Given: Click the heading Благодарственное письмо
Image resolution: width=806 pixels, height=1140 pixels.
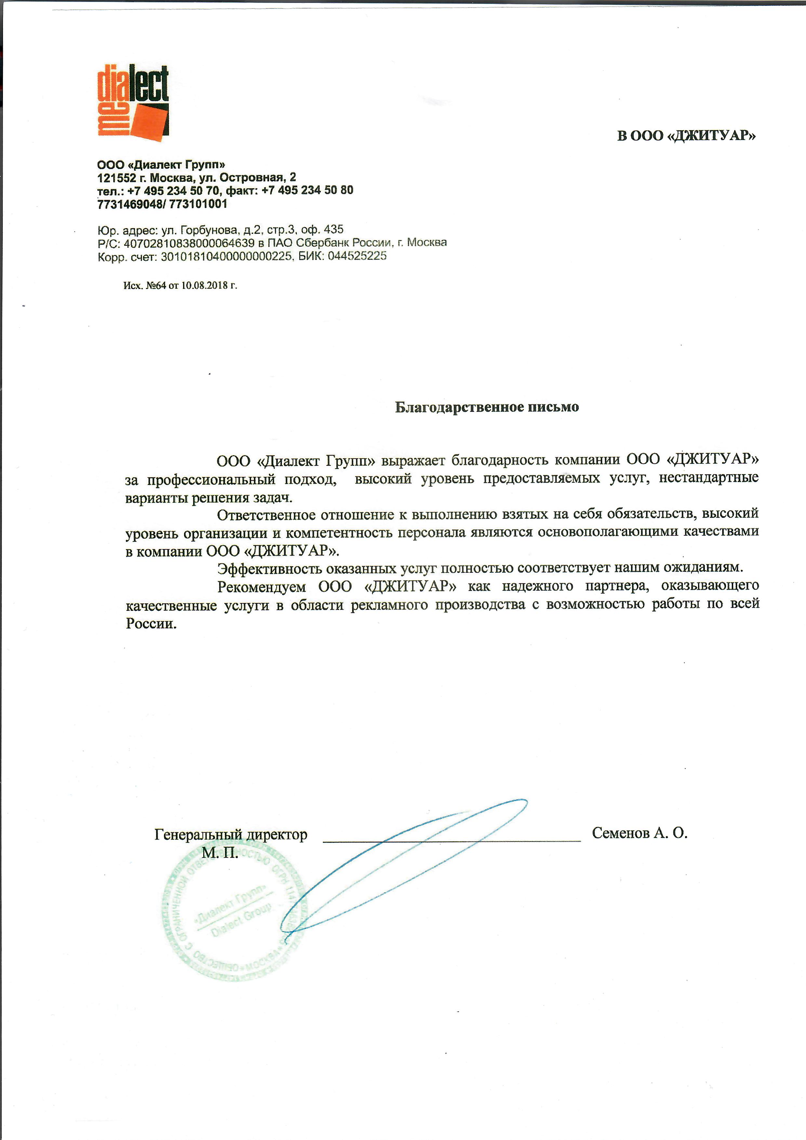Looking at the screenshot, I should (x=487, y=407).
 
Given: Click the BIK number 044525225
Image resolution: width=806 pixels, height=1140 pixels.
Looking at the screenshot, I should (x=357, y=256).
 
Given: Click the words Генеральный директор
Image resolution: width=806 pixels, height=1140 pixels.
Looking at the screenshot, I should (x=231, y=835).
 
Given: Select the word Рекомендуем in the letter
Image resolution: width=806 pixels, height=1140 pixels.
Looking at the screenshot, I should (x=262, y=586).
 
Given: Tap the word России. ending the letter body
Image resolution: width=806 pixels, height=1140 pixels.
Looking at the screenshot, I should (x=152, y=623).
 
